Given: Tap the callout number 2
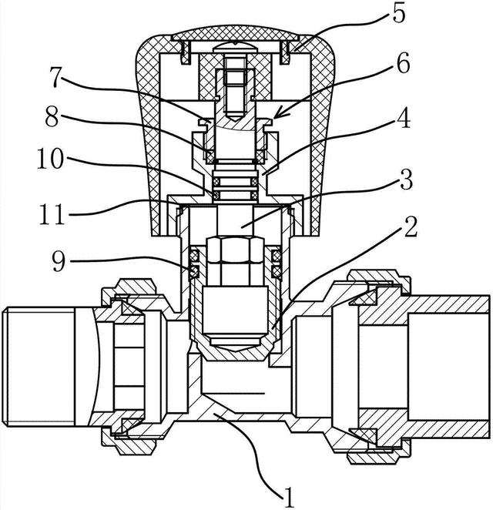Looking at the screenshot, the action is [410, 226].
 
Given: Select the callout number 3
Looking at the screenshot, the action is [406, 179].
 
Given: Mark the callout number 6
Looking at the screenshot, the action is [403, 64].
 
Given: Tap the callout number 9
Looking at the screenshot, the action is [59, 260].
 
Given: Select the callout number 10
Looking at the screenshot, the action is [50, 158].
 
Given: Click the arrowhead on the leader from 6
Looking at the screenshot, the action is [277, 115].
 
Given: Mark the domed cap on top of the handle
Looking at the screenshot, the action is [236, 33].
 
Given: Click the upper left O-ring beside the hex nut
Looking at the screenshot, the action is [194, 254].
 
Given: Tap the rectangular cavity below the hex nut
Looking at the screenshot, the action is [235, 310].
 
